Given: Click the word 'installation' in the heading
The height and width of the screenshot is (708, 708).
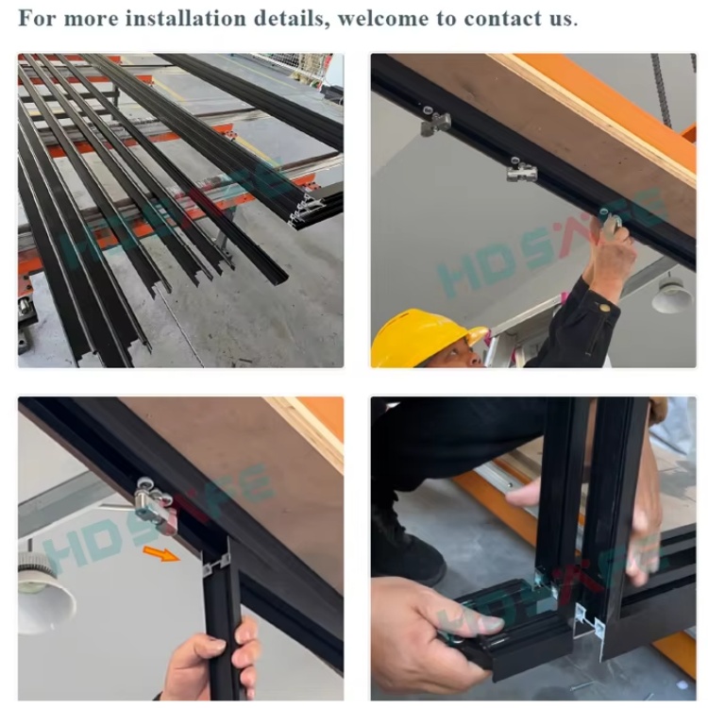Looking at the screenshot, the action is click(186, 19).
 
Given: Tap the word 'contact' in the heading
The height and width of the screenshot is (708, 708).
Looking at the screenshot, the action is click(502, 19).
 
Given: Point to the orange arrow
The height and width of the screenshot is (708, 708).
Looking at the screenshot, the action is click(161, 553).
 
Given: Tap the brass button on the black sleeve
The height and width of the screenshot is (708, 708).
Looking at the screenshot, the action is click(604, 308).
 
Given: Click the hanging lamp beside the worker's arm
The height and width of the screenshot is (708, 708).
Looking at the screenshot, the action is click(672, 294).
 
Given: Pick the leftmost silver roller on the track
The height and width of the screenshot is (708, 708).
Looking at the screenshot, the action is click(435, 122).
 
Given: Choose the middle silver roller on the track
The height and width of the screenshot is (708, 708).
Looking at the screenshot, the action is click(521, 170).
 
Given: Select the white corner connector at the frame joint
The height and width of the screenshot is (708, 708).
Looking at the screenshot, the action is click(589, 621).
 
